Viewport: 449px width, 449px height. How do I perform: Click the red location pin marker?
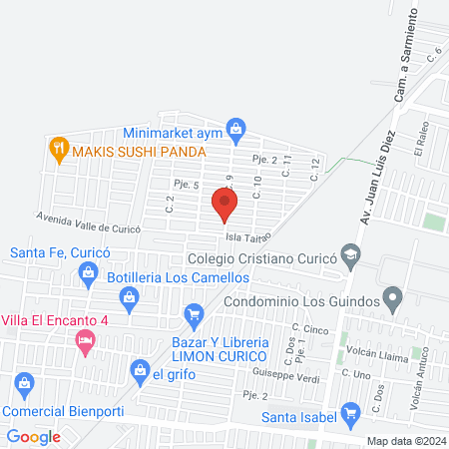click(224, 205)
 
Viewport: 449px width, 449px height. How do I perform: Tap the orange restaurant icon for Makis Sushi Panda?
click(59, 150)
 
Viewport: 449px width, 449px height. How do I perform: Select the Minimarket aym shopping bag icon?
click(235, 128)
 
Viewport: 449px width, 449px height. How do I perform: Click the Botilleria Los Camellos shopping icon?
click(129, 296)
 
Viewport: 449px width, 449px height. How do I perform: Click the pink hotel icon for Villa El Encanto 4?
click(85, 340)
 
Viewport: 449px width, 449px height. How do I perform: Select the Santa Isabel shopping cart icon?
click(350, 412)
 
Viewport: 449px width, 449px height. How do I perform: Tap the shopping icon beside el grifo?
click(140, 373)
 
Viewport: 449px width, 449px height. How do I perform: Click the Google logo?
click(34, 436)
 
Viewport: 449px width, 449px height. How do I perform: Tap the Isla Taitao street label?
click(248, 237)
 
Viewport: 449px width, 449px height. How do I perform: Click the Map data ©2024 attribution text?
click(404, 441)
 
